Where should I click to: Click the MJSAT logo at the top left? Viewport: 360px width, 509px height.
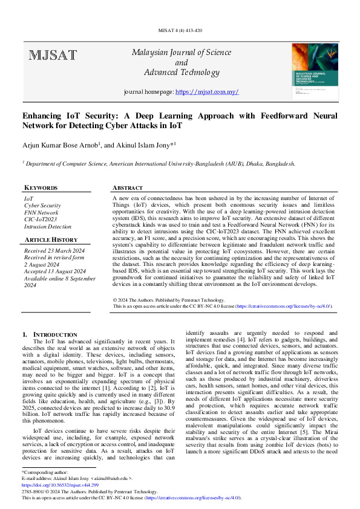[x=53, y=56]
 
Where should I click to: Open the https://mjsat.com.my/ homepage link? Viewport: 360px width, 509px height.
[x=207, y=92]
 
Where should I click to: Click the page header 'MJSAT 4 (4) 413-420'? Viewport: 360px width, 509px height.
[x=180, y=30]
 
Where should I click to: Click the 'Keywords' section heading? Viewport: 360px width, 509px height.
[x=41, y=188]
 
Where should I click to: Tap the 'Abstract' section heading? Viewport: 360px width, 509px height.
[x=128, y=188]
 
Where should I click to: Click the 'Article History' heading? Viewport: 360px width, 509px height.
[x=51, y=240]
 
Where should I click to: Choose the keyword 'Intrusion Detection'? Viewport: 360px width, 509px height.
[x=47, y=227]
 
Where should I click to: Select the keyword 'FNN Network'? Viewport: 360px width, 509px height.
[x=41, y=213]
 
